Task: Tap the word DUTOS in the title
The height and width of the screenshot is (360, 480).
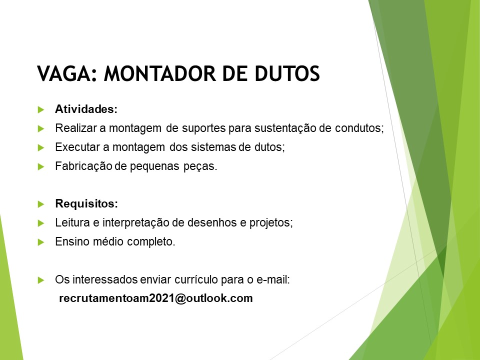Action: click(x=287, y=74)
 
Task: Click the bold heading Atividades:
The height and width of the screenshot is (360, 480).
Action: click(x=86, y=109)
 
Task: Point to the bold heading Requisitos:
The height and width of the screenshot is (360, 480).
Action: click(x=86, y=203)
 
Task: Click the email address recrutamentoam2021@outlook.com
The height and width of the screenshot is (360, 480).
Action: click(x=156, y=298)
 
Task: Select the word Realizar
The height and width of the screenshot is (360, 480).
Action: click(x=76, y=128)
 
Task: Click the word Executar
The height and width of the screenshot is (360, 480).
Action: click(x=78, y=147)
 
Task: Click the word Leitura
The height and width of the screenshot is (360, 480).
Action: click(x=72, y=222)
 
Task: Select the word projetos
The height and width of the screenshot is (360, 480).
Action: click(x=271, y=223)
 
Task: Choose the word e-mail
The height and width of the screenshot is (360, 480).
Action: click(x=273, y=279)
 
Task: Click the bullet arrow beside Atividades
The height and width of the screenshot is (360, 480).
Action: click(x=41, y=109)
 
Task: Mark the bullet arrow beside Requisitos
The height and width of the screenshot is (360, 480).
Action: click(x=41, y=204)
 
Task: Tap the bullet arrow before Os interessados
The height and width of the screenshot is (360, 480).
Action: click(x=41, y=280)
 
